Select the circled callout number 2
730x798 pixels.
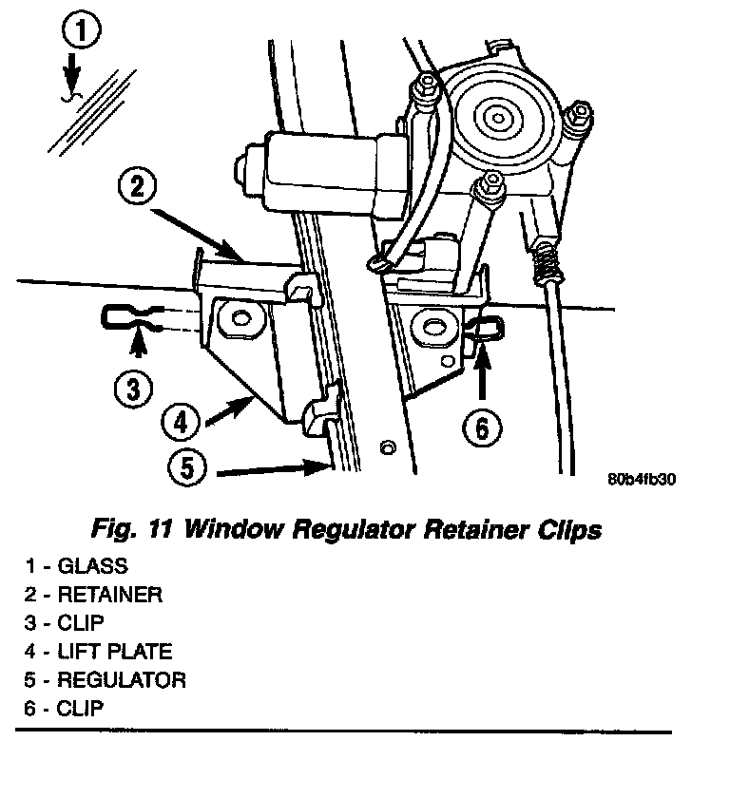[x=138, y=186]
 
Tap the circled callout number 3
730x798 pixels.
[x=133, y=387]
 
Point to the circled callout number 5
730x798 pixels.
[x=186, y=468]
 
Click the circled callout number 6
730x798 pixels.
[x=481, y=428]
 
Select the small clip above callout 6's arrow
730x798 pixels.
[x=486, y=329]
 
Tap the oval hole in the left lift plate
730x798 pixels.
[x=235, y=316]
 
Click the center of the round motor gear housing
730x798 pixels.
[x=496, y=118]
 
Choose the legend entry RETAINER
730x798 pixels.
[x=109, y=596]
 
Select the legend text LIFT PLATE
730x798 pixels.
[x=115, y=652]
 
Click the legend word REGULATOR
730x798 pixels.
[x=122, y=680]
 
